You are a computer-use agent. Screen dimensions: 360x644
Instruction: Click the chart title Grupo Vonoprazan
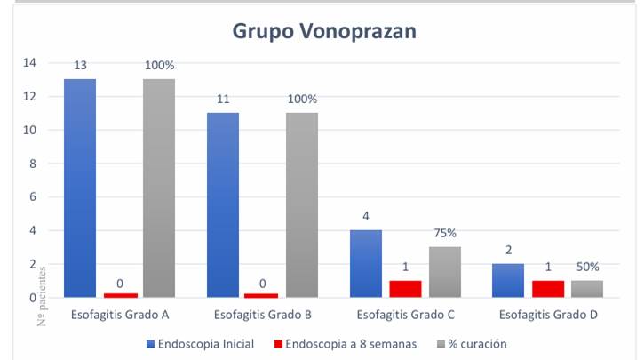coord(324,30)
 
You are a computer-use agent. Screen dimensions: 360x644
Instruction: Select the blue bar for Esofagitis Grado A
coord(80,188)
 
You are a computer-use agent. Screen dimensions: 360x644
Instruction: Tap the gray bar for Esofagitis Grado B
coord(302,204)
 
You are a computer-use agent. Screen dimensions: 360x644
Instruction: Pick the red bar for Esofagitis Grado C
coord(406,289)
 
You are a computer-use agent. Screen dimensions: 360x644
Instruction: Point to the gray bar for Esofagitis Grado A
coord(159,188)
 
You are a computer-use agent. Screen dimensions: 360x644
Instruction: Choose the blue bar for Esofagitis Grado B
coord(223,204)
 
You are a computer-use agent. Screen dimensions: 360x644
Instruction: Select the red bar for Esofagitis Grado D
coord(548,289)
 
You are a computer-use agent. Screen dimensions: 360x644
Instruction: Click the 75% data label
coord(445,233)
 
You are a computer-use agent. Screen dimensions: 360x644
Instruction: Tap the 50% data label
coord(587,267)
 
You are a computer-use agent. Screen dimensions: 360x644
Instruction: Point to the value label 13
coord(80,65)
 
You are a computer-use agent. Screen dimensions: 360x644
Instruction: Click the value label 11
coord(223,99)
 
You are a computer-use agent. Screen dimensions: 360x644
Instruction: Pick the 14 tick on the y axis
coord(29,63)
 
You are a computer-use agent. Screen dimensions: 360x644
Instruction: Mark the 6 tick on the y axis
coord(33,196)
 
